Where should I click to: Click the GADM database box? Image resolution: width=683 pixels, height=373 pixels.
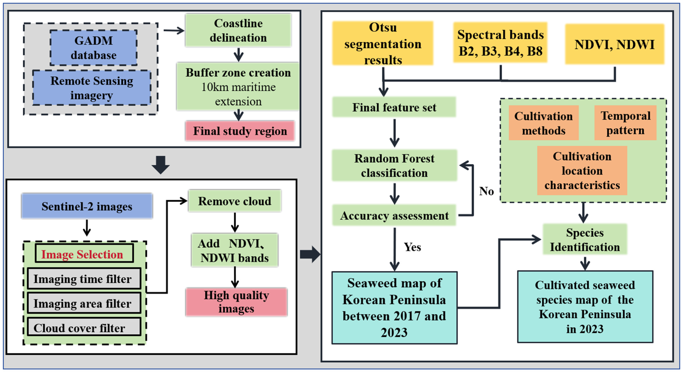coord(94,48)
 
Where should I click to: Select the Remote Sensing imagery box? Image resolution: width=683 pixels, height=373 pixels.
coord(92,88)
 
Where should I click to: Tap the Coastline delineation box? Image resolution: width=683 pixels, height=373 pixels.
coord(238,30)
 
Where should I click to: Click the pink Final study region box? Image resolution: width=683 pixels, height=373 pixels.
coord(240,131)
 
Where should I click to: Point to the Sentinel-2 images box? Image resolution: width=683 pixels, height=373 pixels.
coord(87,206)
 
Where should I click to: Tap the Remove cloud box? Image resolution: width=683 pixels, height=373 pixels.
coord(235,201)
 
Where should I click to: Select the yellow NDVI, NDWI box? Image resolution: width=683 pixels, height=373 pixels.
coord(615,44)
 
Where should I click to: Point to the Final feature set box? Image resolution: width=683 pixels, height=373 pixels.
coord(394,107)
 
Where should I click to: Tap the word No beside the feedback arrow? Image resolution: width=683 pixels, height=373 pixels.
coord(487,191)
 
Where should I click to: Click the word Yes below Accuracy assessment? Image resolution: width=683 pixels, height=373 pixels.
coord(412,247)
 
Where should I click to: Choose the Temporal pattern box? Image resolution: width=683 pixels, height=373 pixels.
coord(625,123)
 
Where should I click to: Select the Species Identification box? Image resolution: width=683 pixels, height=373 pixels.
coord(585,239)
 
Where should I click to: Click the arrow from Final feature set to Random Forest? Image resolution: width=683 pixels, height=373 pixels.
coord(394,133)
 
